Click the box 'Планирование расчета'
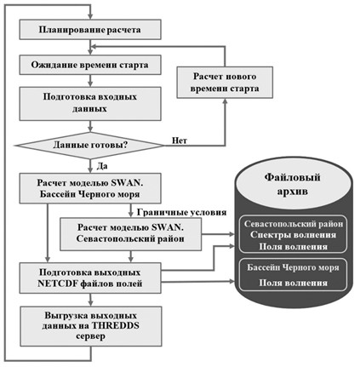pos(90,30)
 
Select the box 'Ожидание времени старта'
pos(90,65)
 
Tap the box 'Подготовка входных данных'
pos(90,104)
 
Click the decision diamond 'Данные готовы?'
pos(90,146)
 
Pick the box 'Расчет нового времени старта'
pos(225,83)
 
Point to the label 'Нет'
pos(180,140)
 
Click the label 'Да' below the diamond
pos(102,166)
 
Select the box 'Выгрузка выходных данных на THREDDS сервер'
pos(91,326)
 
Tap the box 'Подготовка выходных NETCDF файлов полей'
pos(90,278)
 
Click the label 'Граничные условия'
pos(181,212)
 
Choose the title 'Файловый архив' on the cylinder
pos(293,184)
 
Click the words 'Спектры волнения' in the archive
pos(294,235)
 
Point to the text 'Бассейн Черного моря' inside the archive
pos(293,267)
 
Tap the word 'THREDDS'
pos(115,325)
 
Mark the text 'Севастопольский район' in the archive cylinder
pos(294,224)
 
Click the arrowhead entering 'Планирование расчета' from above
pos(90,16)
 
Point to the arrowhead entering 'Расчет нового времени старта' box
pos(225,101)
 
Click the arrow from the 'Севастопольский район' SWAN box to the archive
pos(218,234)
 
